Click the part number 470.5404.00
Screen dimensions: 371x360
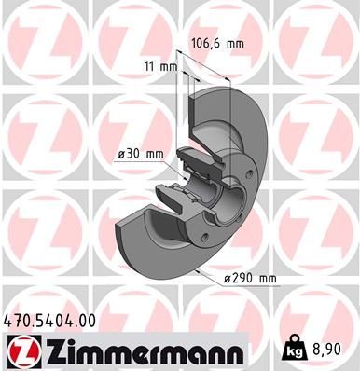tap(50, 321)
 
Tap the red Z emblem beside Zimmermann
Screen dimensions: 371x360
tap(20, 352)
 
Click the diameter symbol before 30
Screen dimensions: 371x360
tap(122, 154)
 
